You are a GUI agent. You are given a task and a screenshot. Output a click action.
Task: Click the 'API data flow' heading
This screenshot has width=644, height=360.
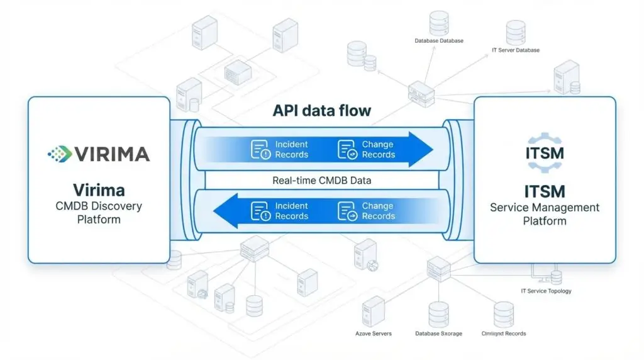coord(321,111)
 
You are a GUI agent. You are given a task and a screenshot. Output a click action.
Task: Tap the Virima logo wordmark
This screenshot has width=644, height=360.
coord(99,154)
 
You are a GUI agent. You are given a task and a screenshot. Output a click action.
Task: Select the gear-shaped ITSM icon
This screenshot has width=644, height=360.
coord(544,153)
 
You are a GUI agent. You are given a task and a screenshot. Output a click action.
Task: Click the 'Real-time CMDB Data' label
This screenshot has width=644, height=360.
coord(321,181)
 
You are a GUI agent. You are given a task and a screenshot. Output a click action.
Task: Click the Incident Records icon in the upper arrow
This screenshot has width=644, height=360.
coord(260,150)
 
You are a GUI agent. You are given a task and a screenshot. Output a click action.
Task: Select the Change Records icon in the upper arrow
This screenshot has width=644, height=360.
coord(347,150)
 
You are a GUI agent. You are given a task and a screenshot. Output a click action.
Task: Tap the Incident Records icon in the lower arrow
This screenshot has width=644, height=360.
coord(260,211)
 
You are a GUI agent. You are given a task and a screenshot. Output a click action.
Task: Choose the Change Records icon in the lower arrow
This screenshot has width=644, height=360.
coord(347,211)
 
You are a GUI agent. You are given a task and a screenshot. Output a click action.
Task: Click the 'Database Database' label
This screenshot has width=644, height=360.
coord(439,41)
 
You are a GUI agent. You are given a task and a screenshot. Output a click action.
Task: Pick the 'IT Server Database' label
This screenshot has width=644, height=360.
coord(515,50)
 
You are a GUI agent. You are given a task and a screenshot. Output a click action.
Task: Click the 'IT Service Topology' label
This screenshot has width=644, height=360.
coord(546,291)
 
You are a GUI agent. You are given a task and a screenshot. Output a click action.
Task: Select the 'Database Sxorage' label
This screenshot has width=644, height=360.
coord(438,334)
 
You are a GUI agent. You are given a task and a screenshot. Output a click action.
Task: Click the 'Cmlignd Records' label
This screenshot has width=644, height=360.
coord(504,334)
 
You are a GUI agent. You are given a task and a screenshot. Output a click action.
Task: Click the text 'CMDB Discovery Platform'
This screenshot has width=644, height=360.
coord(99,213)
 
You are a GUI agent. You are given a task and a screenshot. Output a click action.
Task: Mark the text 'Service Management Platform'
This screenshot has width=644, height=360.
coord(545,214)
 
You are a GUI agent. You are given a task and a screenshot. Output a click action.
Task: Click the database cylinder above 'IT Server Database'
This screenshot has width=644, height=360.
coord(516,31)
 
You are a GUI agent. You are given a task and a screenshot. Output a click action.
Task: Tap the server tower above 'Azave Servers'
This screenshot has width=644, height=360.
coord(373,310)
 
